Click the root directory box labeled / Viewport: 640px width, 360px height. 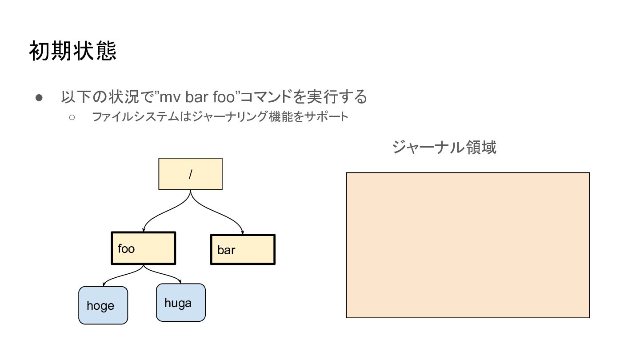(190, 174)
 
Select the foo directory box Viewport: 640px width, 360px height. (143, 248)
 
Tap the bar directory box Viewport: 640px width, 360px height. (243, 250)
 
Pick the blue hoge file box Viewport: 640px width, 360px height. (103, 305)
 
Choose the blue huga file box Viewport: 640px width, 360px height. (181, 303)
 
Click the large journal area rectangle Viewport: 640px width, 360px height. (468, 245)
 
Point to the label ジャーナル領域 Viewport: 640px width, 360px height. (444, 147)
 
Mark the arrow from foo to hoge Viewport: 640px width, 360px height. (120, 277)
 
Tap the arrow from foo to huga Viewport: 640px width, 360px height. (165, 275)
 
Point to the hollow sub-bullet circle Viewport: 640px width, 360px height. (72, 117)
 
